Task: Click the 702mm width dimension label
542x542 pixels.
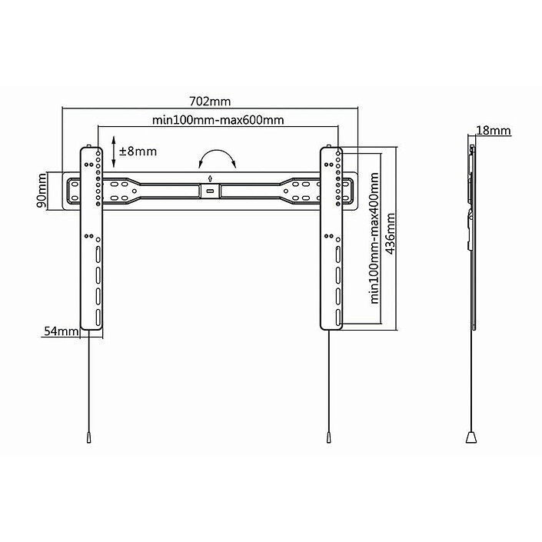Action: (x=210, y=101)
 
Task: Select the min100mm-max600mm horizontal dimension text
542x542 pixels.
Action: (x=218, y=120)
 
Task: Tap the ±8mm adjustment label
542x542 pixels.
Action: (x=138, y=151)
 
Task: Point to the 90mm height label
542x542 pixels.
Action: (x=42, y=191)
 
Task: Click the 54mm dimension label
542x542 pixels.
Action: (x=61, y=331)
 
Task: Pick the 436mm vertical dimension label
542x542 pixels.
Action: (x=391, y=234)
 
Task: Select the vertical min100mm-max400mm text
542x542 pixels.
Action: (x=374, y=238)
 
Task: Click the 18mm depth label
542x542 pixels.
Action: (x=494, y=131)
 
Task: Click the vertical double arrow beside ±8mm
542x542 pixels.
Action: (x=113, y=151)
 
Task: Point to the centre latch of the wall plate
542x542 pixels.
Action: (x=210, y=191)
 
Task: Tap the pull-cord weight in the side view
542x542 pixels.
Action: (x=471, y=437)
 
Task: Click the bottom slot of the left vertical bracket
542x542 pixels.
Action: (x=98, y=317)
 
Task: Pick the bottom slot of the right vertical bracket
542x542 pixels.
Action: (x=338, y=317)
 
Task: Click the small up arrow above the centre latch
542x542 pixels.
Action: (x=210, y=178)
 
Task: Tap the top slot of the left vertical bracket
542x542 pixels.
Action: (x=98, y=254)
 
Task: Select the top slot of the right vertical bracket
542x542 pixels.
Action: (x=338, y=254)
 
